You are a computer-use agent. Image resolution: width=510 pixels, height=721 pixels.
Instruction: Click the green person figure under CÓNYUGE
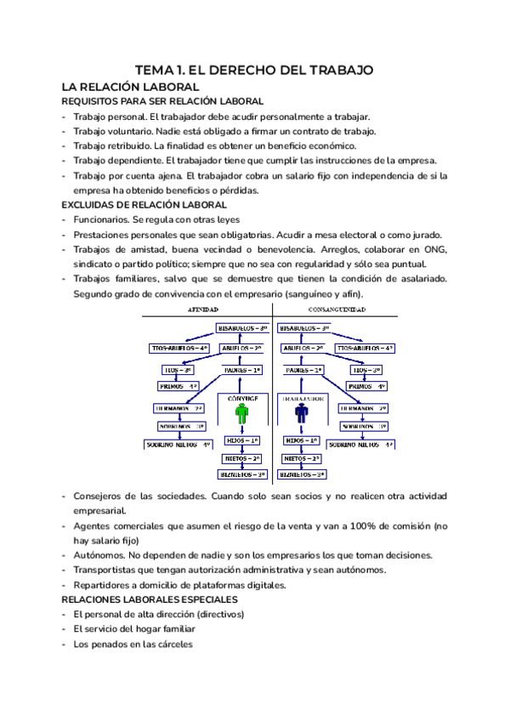243,414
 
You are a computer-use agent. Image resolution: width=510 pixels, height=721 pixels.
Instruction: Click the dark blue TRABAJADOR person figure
301,414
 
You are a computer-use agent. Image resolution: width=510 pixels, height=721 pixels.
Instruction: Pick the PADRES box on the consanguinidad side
304,370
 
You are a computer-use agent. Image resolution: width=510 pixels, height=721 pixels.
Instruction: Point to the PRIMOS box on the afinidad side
178,386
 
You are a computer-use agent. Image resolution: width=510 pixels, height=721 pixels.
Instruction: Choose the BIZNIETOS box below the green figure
243,474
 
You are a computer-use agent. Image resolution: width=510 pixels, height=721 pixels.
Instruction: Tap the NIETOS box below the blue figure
302,458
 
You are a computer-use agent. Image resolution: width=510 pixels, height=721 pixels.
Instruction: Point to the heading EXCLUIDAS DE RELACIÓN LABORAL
144,205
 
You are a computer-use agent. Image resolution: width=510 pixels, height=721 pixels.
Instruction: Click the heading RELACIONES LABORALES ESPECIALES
150,599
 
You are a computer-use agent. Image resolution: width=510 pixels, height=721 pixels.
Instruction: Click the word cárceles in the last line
173,644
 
